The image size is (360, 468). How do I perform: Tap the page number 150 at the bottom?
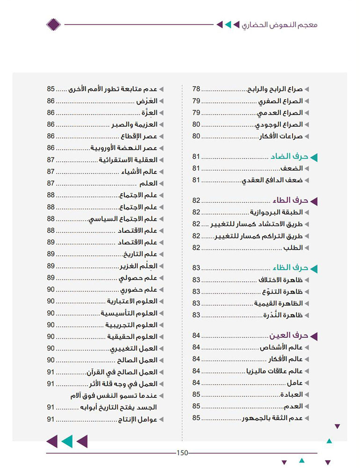(182, 453)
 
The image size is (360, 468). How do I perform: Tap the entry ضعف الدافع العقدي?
(273, 180)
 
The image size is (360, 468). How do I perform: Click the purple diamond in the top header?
(54, 24)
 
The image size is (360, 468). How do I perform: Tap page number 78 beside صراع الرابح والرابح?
(197, 89)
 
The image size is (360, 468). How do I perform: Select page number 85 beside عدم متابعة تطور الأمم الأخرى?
(51, 89)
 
